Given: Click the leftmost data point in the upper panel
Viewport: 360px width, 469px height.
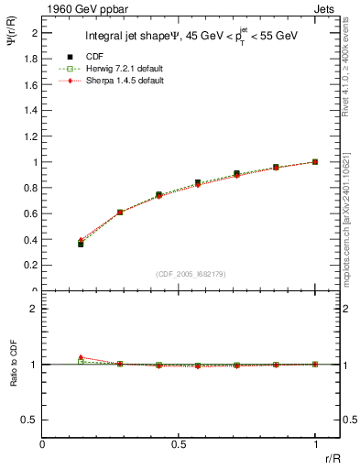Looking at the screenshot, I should pos(81,243).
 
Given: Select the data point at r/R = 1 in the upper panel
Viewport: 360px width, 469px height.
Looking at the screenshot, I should pos(315,161).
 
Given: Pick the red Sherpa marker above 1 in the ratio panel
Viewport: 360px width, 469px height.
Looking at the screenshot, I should pos(81,357).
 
